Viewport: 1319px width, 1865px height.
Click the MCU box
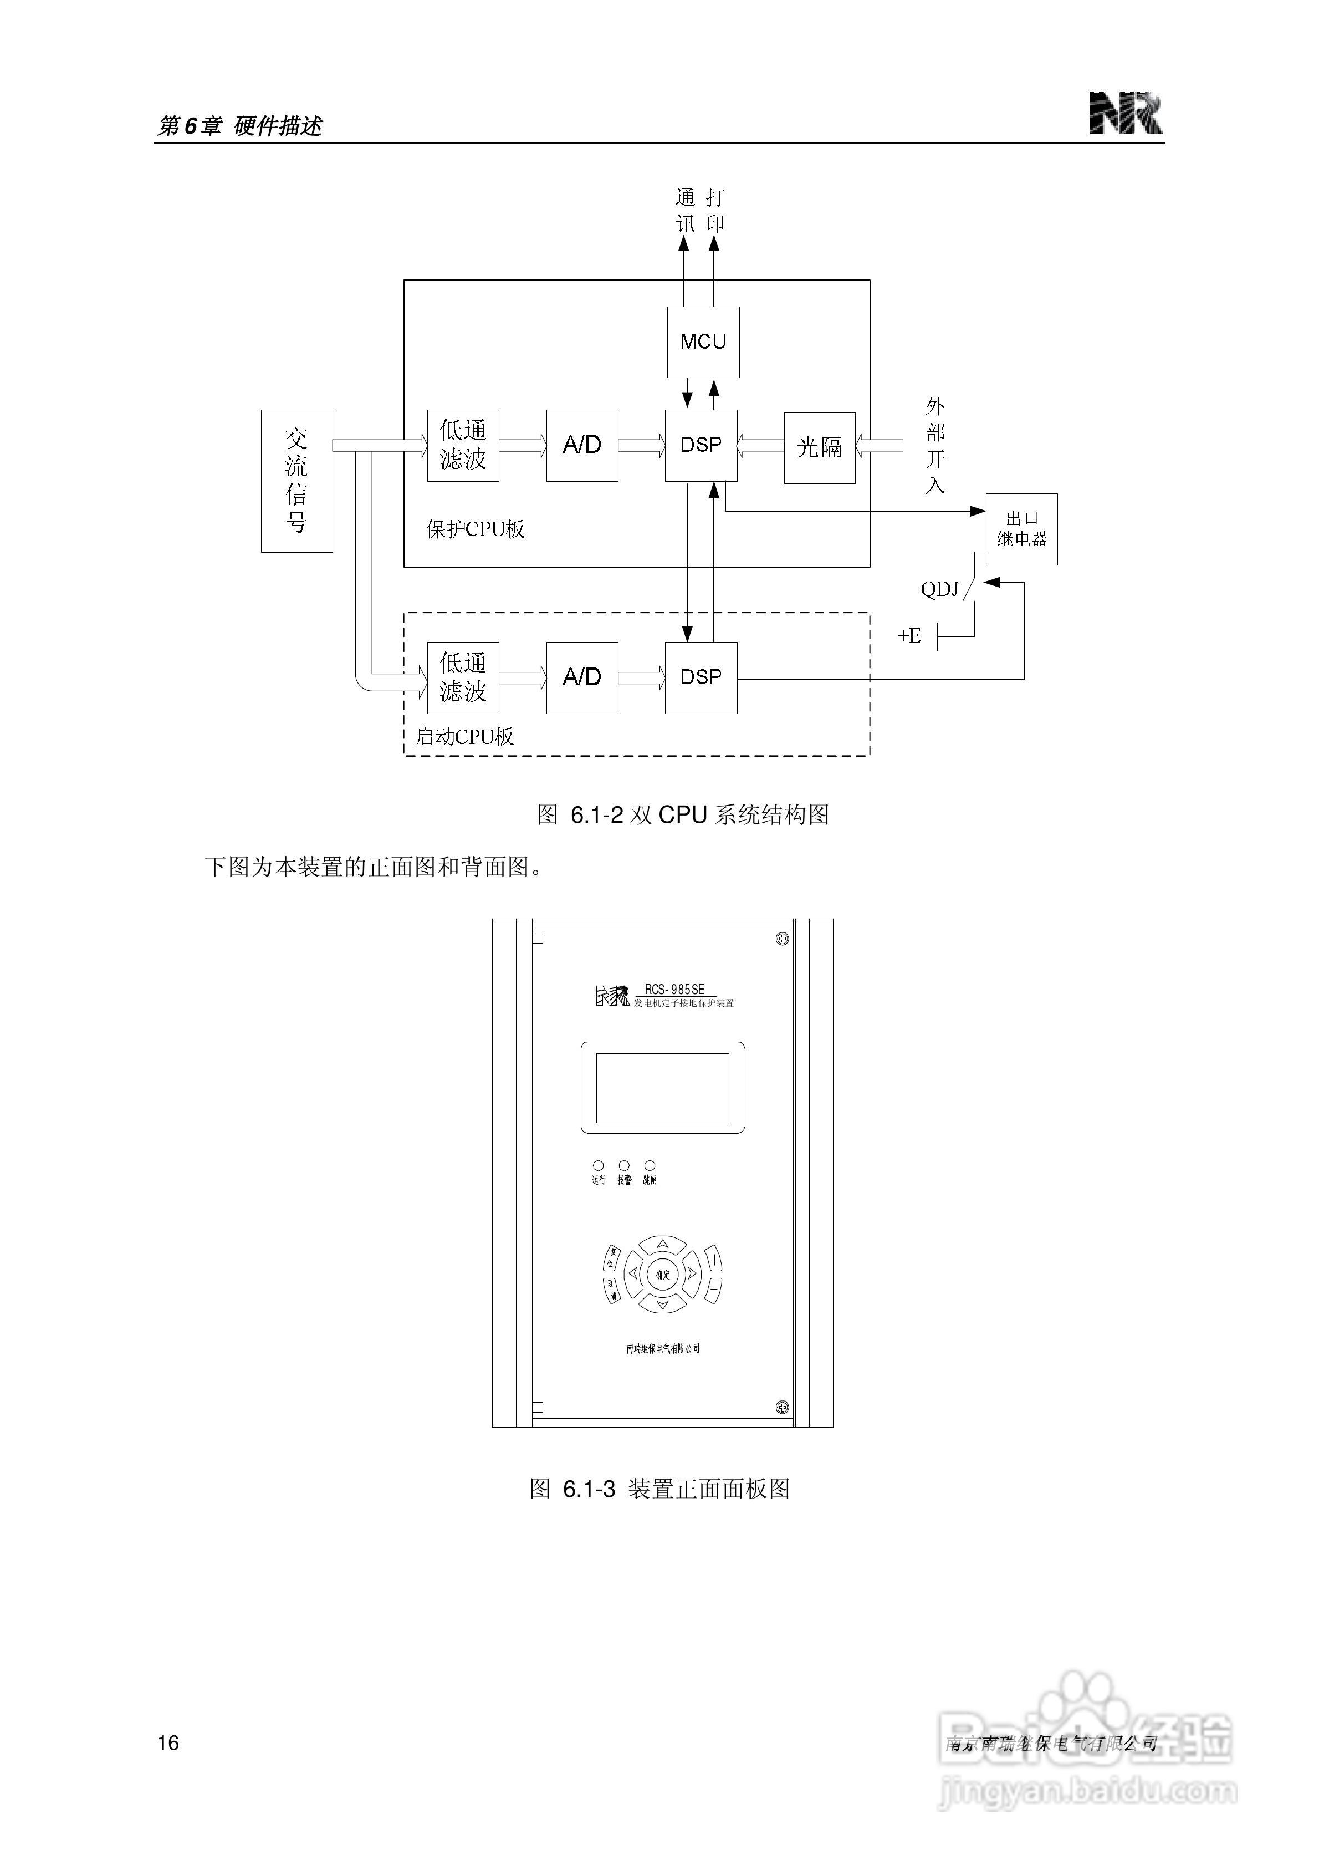[x=703, y=342]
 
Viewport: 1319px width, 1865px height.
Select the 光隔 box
[x=819, y=447]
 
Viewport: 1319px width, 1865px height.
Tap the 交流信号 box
[x=296, y=481]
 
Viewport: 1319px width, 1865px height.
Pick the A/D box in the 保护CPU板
[x=581, y=445]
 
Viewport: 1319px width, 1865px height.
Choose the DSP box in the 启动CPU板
[x=700, y=677]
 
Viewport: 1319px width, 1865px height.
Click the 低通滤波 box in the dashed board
[x=463, y=677]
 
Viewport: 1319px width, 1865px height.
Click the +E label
[x=909, y=635]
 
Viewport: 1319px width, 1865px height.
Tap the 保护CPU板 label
[x=475, y=529]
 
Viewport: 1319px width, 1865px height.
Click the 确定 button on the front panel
[x=663, y=1275]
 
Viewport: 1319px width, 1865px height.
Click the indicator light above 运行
[x=599, y=1165]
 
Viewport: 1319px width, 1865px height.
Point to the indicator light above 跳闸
[x=650, y=1165]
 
